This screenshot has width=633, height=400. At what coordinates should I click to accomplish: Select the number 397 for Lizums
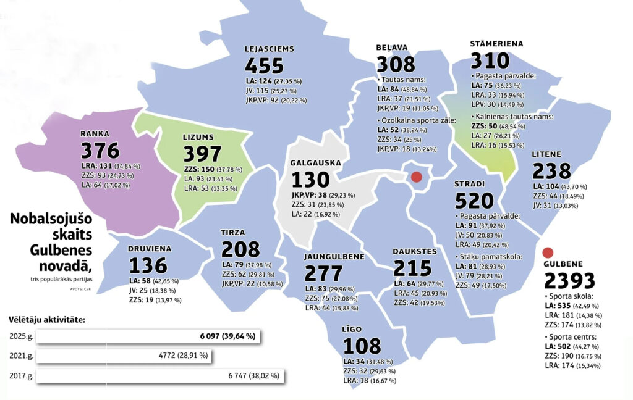[202, 154]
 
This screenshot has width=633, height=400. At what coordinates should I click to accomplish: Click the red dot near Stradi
[416, 177]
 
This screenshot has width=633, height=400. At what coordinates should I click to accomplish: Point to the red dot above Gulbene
[546, 252]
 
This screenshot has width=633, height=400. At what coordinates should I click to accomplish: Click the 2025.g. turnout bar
[149, 336]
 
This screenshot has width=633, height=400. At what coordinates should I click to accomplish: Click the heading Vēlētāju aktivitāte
[46, 320]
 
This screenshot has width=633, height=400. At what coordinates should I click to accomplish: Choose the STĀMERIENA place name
[496, 44]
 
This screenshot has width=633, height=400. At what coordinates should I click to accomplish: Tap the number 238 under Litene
[552, 170]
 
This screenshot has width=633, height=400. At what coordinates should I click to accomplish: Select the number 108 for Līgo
[363, 346]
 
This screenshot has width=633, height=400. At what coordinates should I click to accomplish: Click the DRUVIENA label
[150, 249]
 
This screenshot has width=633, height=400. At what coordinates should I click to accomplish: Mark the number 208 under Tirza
[240, 250]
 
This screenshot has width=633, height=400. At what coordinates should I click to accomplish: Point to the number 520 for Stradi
[474, 201]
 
